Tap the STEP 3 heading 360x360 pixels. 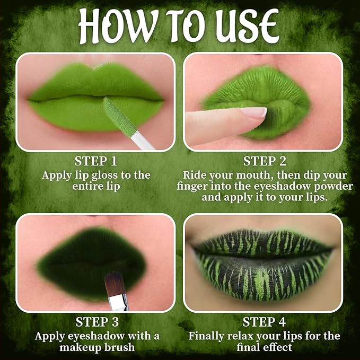pos(95,322)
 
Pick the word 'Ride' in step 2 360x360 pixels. pos(196,175)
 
